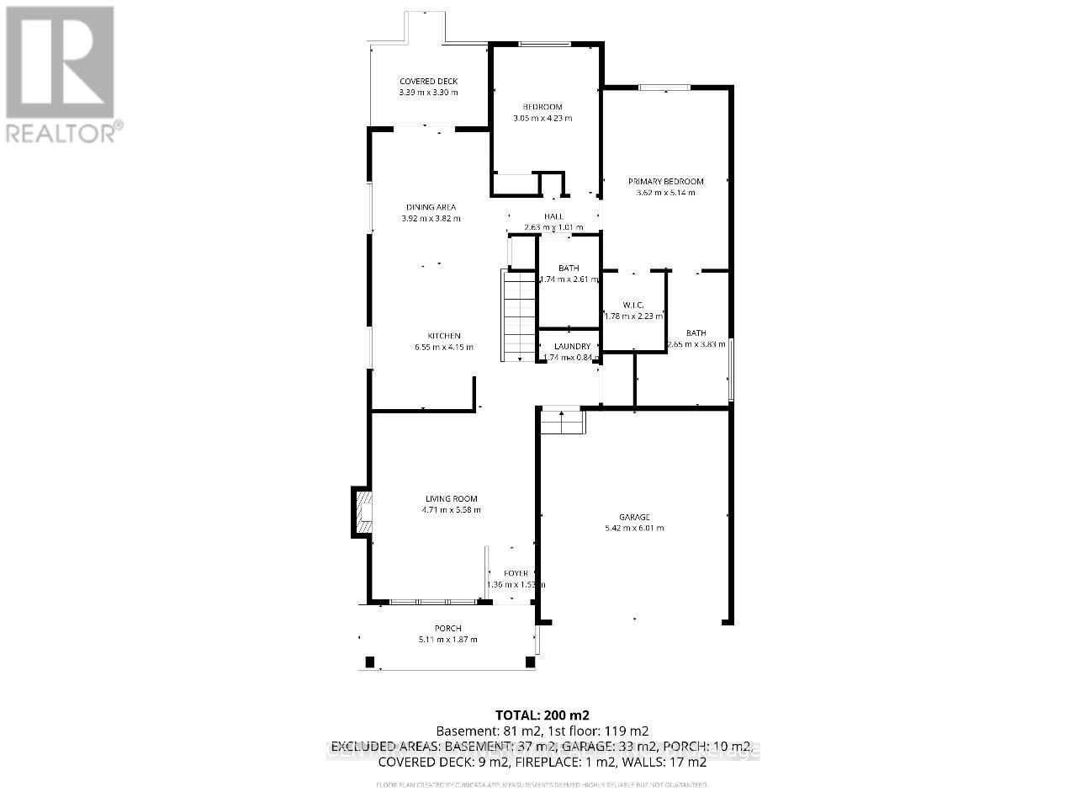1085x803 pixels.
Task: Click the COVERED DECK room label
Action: [428, 82]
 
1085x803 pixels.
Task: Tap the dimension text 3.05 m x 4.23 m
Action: [542, 118]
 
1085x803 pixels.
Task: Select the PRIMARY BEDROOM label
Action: [666, 182]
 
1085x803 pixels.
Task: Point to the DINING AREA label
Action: [431, 207]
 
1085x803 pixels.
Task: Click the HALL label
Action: [553, 216]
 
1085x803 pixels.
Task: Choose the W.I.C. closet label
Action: [633, 305]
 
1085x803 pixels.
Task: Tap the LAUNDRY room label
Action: [572, 347]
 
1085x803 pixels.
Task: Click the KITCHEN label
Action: [443, 336]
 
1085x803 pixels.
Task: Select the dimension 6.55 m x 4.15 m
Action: [443, 347]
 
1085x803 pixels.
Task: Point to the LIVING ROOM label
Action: [451, 498]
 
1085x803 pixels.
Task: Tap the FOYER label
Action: [516, 574]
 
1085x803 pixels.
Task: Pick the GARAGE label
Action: [635, 518]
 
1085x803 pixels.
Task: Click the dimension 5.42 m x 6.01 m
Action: [634, 529]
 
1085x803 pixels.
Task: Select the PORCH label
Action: [447, 629]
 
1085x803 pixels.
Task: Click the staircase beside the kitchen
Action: [519, 316]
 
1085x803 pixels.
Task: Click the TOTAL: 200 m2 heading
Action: [542, 715]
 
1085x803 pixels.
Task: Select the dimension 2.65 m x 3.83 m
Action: [696, 344]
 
